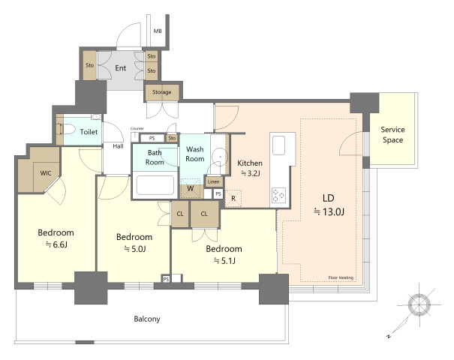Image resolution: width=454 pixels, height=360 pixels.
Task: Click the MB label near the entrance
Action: coord(158,31)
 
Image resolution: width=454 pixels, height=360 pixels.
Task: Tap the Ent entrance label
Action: coord(121,68)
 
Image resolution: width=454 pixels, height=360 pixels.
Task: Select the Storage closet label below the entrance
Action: coord(162,92)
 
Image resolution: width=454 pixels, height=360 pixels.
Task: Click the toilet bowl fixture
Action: coord(68,129)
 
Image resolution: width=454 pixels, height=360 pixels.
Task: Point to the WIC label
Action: coord(46,173)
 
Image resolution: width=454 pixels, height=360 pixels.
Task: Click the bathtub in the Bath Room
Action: coord(155,185)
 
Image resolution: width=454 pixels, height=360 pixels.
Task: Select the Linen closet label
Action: coord(214,181)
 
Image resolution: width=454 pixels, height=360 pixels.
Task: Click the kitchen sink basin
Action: coord(278,145)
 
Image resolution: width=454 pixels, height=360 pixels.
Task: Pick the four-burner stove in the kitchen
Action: coord(279,195)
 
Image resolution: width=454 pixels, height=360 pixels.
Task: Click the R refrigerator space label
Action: coord(233,199)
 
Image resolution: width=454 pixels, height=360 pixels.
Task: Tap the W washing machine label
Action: coord(190,188)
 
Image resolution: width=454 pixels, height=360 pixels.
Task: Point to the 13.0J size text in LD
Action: coord(329,211)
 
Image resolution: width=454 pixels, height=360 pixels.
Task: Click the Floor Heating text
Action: coord(341,277)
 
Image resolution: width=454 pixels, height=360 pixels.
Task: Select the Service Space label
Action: coord(393,134)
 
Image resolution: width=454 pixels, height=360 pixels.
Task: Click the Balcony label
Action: coord(147,319)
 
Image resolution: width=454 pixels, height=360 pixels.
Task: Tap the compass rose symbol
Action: coord(419,304)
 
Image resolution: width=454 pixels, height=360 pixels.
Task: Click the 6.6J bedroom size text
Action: coord(56,244)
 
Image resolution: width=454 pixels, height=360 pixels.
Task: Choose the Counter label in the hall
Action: coord(137,128)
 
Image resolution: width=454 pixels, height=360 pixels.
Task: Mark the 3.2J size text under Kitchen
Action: coord(250,173)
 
